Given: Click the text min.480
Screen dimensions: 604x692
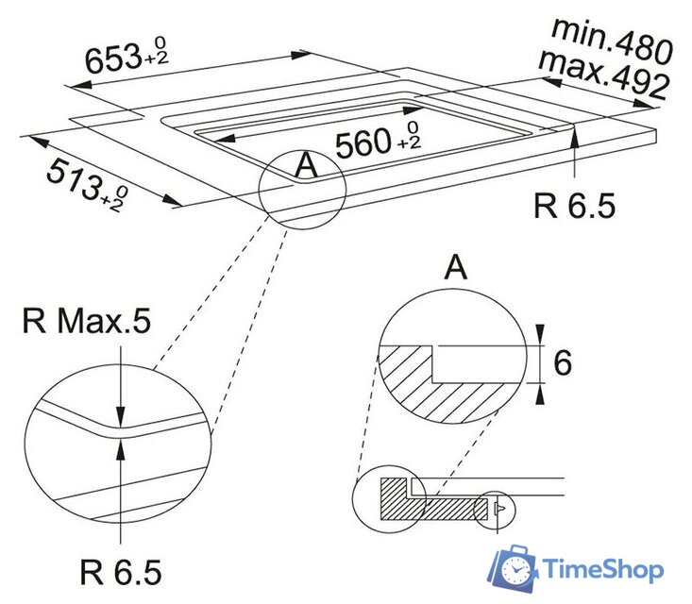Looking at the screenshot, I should [x=611, y=38].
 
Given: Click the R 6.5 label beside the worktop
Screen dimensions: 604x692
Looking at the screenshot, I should [x=575, y=206].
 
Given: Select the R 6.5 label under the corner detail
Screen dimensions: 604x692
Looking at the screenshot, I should [x=121, y=571].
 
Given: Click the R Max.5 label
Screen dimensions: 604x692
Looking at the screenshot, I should [x=86, y=323].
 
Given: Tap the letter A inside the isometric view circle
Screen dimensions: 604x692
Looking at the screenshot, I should [x=305, y=166].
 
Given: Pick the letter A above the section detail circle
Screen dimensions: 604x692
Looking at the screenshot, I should [x=456, y=268].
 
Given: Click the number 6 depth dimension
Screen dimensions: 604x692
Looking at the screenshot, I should [x=563, y=362].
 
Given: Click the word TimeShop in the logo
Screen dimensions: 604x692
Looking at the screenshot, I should [x=601, y=570].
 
